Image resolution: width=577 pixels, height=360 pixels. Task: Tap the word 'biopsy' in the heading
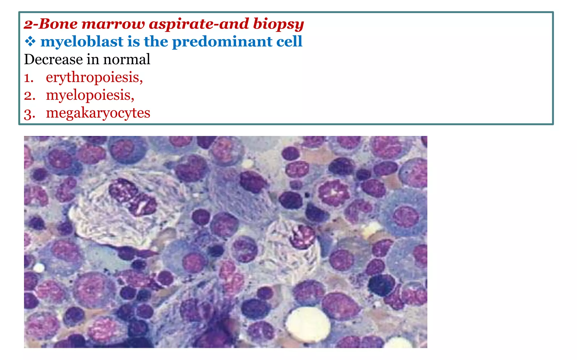278,24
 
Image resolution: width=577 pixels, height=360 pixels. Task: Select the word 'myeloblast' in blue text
82,42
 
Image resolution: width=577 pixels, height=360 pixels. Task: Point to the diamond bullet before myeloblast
30,42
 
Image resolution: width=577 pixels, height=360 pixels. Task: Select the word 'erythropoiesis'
94,77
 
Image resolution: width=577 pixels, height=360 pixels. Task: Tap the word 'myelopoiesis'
90,95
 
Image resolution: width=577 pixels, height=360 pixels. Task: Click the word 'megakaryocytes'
98,113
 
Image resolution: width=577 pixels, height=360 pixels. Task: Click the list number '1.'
28,78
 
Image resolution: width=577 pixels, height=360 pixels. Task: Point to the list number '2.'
29,96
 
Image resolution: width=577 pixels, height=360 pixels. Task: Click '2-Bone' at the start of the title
51,24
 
